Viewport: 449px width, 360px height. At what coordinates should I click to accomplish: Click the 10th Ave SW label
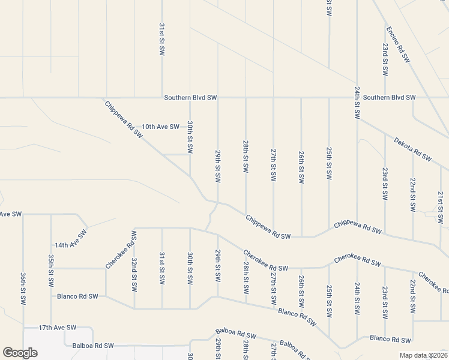tap(160, 127)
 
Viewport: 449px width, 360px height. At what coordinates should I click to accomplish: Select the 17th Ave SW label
tap(58, 328)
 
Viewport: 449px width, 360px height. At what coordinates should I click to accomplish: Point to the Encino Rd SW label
tap(397, 44)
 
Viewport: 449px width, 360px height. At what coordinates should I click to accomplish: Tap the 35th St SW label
tap(51, 269)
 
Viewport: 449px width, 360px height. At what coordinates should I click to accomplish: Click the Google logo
tap(20, 353)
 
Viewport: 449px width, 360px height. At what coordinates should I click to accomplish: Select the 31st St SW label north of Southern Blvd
tap(162, 40)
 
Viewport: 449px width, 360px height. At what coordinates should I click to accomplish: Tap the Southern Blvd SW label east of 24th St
tap(389, 97)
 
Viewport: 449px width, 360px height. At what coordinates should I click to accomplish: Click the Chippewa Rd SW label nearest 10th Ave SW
tap(124, 120)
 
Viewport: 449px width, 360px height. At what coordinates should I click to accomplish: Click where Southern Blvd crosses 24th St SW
tap(357, 97)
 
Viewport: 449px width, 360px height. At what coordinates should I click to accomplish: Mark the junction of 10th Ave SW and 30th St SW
tap(190, 127)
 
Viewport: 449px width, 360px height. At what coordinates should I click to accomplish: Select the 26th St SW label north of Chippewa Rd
tap(301, 167)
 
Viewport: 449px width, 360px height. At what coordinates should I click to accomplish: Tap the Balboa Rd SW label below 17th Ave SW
tap(92, 346)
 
